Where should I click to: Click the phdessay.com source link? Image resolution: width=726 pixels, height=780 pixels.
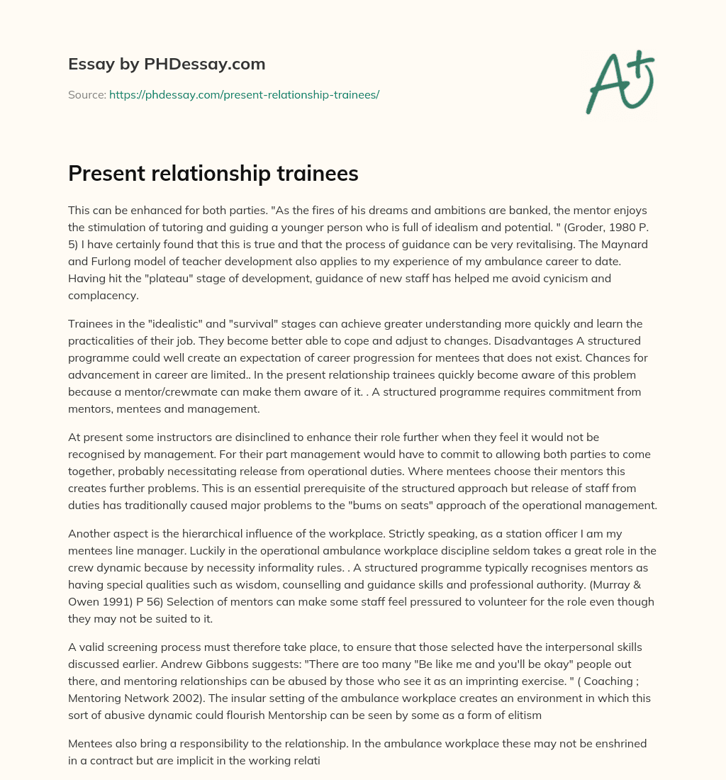(244, 94)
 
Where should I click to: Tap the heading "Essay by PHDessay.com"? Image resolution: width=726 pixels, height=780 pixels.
(167, 65)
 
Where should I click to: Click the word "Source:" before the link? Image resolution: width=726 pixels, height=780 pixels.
(86, 94)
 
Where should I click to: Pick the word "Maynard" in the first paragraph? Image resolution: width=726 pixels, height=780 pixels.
(635, 243)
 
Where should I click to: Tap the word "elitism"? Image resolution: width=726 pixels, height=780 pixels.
(522, 715)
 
